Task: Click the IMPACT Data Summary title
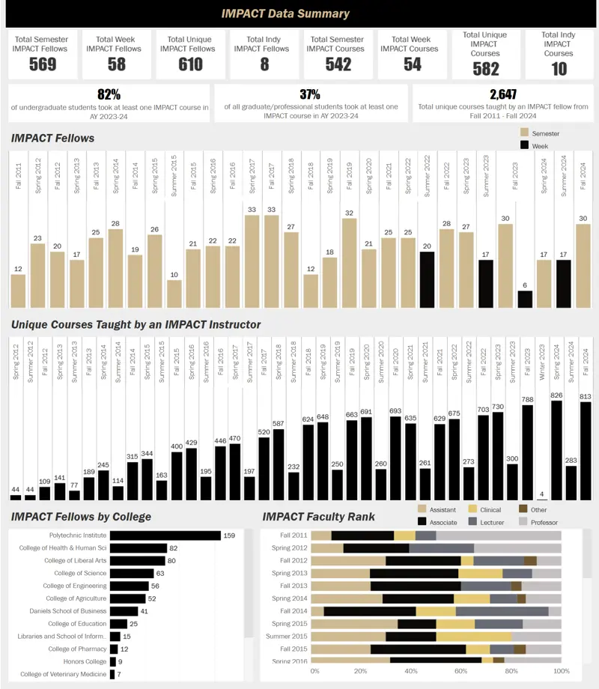pyautogui.click(x=285, y=13)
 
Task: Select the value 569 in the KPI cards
pyautogui.click(x=43, y=64)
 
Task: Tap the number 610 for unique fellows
pyautogui.click(x=190, y=64)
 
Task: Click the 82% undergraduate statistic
pyautogui.click(x=109, y=94)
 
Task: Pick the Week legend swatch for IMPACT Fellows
pyautogui.click(x=525, y=145)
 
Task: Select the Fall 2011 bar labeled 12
pyautogui.click(x=18, y=291)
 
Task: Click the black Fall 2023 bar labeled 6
pyautogui.click(x=525, y=299)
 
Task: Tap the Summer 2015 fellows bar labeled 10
pyautogui.click(x=174, y=294)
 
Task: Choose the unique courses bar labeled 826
pyautogui.click(x=556, y=450)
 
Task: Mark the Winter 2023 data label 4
pyautogui.click(x=541, y=494)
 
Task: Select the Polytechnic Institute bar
pyautogui.click(x=165, y=535)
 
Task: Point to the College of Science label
pyautogui.click(x=75, y=574)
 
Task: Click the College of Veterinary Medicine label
pyautogui.click(x=63, y=675)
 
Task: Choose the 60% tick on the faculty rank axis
pyautogui.click(x=461, y=671)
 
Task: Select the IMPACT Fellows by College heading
pyautogui.click(x=81, y=517)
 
